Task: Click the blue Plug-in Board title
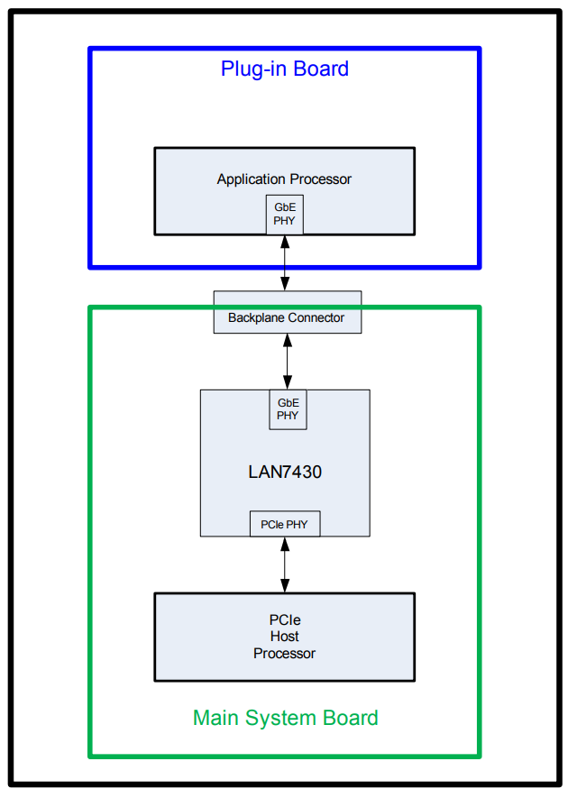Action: [x=285, y=69]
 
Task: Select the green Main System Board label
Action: [x=285, y=718]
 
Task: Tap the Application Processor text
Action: [x=284, y=179]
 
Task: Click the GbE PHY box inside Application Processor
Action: [x=285, y=215]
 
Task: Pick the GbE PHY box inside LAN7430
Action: [x=288, y=409]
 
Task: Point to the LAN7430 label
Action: [x=285, y=471]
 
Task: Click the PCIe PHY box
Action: [x=285, y=523]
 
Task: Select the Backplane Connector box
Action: [x=287, y=312]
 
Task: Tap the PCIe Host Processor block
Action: [x=285, y=637]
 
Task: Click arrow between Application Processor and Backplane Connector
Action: [x=285, y=262]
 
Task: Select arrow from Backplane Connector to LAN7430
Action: [x=288, y=362]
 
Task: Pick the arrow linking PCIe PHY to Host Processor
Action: [x=285, y=564]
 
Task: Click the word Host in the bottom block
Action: [x=285, y=637]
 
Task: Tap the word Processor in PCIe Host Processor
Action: [x=285, y=653]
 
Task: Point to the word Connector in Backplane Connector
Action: [x=316, y=317]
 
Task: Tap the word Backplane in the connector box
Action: [x=256, y=317]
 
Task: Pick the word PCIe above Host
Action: [x=285, y=620]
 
